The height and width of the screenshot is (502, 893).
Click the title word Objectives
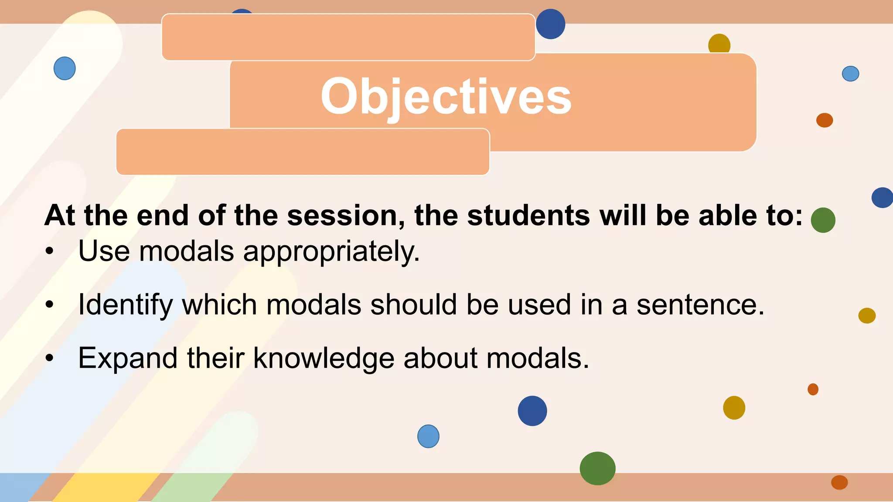[x=446, y=97]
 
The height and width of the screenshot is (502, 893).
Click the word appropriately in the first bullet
[x=331, y=252]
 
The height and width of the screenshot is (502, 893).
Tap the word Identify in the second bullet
[x=126, y=305]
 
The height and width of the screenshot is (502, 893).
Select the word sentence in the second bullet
[x=700, y=305]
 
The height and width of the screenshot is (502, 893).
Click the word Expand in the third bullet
[x=128, y=358]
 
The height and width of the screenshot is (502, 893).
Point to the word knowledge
[x=324, y=358]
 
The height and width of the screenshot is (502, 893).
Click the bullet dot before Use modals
[x=50, y=251]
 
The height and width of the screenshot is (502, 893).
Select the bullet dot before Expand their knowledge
[x=50, y=358]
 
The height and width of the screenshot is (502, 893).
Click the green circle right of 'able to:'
[x=823, y=220]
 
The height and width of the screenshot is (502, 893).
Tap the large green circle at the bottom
[x=597, y=468]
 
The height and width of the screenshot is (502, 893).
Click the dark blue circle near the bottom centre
[x=532, y=411]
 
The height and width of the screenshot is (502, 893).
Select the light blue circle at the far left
[x=65, y=68]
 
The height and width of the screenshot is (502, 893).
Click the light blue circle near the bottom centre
[x=428, y=436]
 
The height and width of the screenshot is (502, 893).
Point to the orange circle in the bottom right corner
[x=839, y=482]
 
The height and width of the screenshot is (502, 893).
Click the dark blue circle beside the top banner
[x=550, y=24]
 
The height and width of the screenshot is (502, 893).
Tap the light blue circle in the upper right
[x=850, y=74]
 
